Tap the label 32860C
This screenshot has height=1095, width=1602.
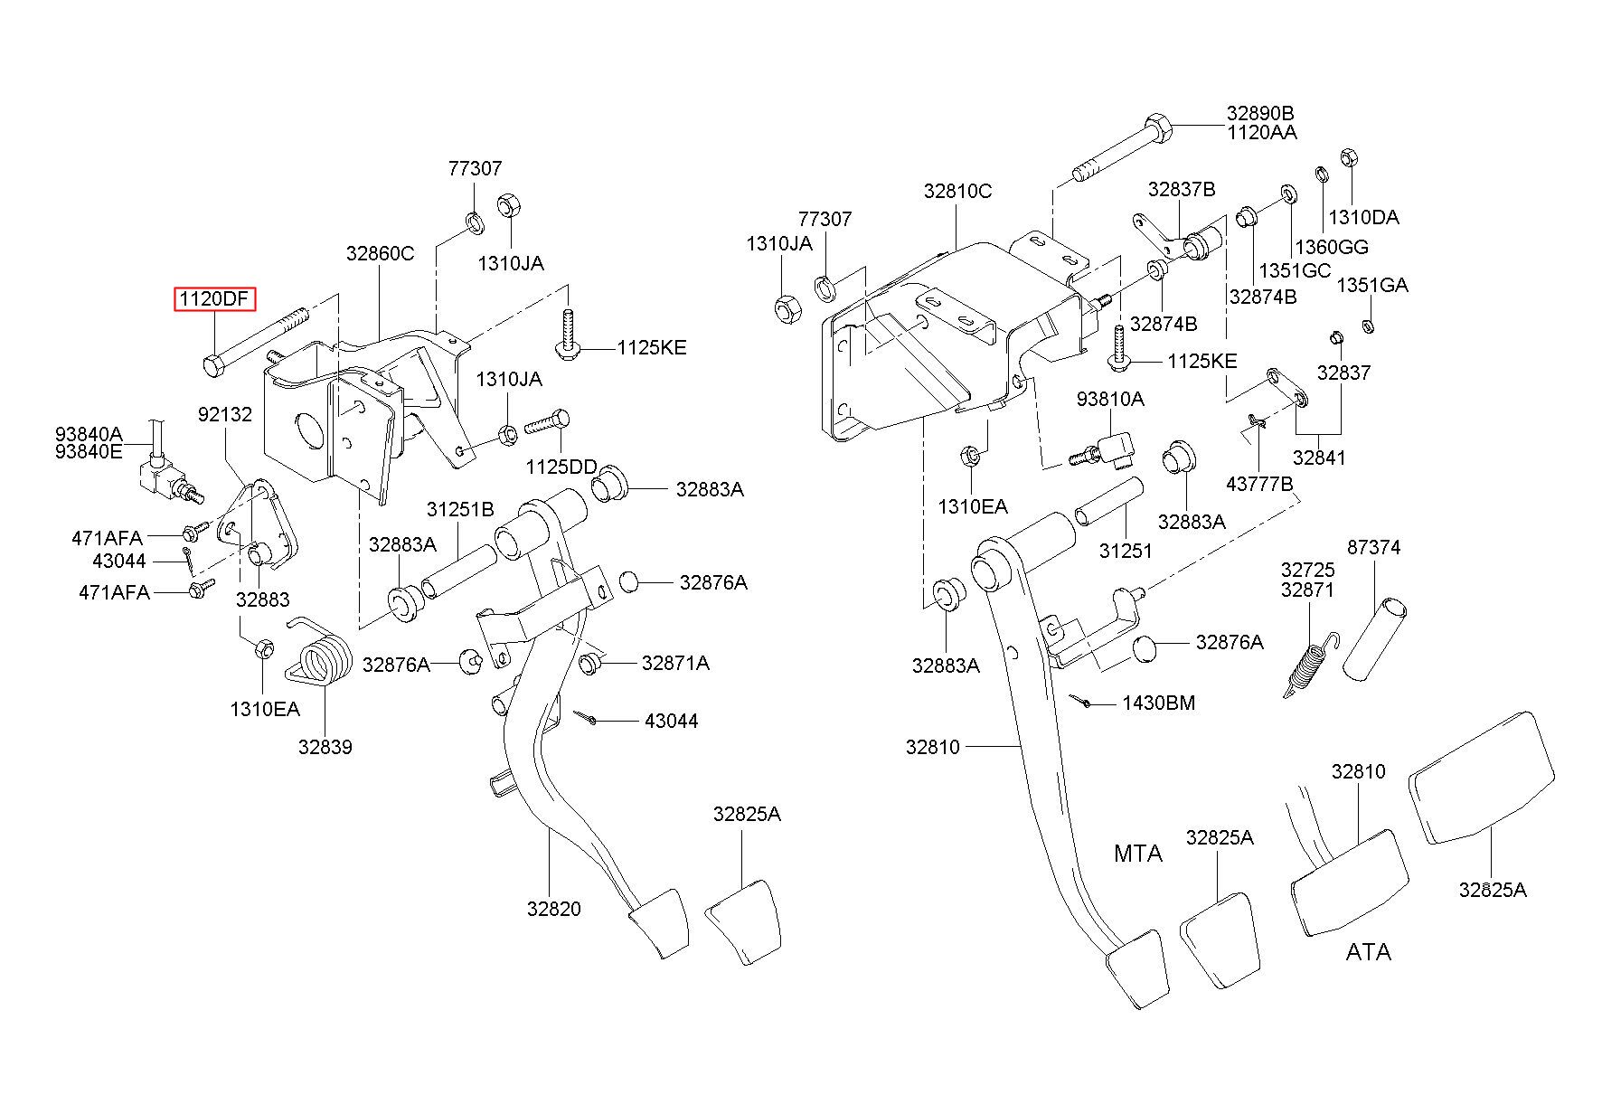pos(380,254)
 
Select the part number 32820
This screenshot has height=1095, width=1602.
pos(554,909)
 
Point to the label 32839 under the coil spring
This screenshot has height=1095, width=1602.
pos(325,747)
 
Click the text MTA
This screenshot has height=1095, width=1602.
pos(1138,854)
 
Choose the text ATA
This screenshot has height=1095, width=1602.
pos(1368,952)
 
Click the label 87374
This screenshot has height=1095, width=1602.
pos(1374,547)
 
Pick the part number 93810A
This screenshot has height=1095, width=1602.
pos(1110,399)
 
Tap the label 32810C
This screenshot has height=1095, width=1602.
pos(957,191)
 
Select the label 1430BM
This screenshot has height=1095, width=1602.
pos(1159,703)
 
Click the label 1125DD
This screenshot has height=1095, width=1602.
pos(561,467)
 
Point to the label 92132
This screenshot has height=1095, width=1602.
pos(225,414)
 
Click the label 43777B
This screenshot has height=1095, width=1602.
pos(1259,485)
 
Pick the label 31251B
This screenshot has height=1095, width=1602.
pos(460,510)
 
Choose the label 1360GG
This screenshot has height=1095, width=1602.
pos(1332,247)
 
